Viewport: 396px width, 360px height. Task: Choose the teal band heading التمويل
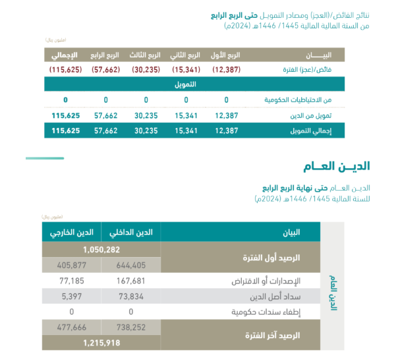pyautogui.click(x=185, y=84)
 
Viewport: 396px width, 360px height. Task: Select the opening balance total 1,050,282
pyautogui.click(x=101, y=250)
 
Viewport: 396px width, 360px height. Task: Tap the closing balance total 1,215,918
pyautogui.click(x=101, y=343)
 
